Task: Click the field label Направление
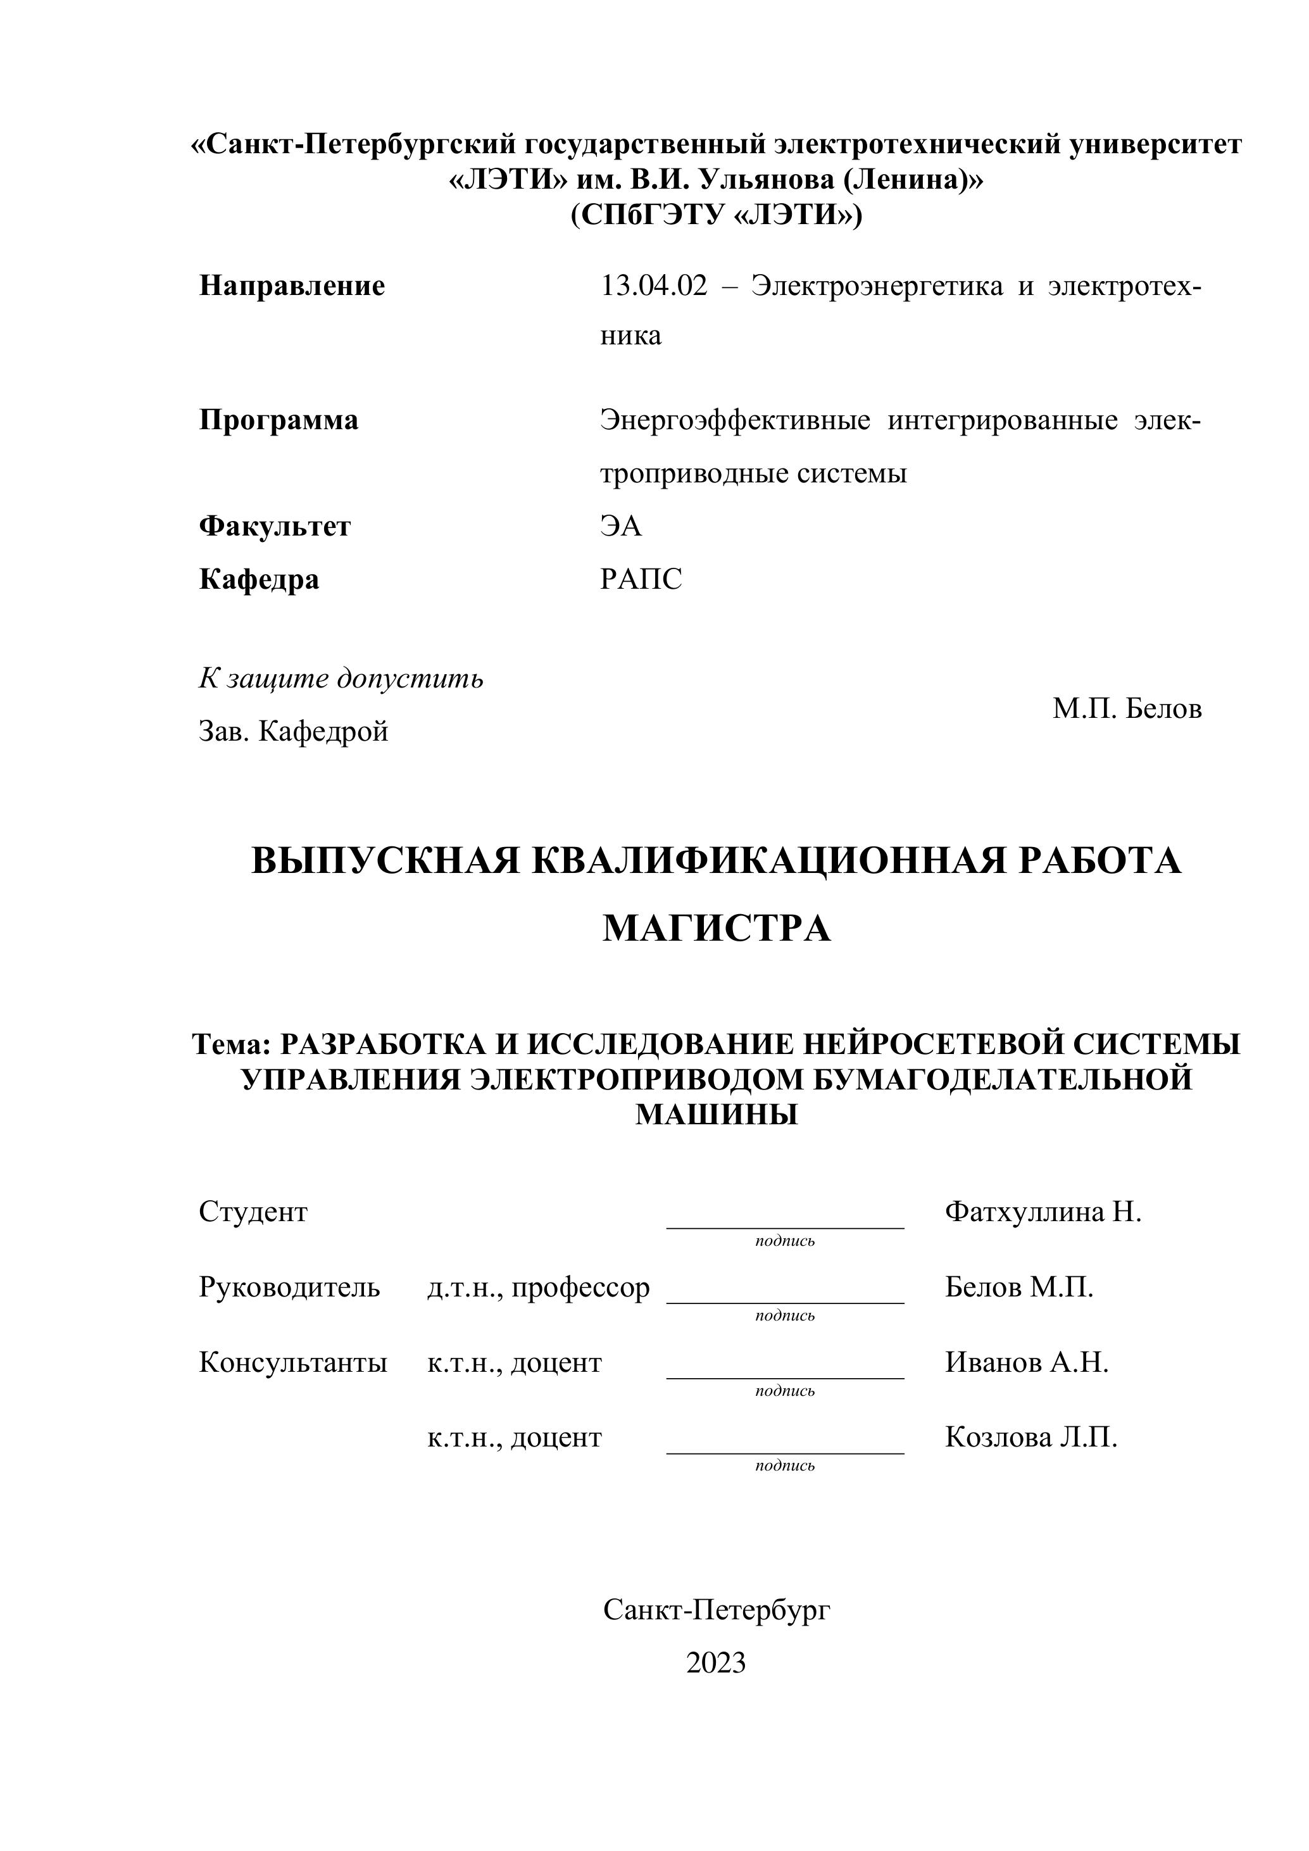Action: (292, 285)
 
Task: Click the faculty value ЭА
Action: (621, 527)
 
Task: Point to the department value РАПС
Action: (641, 579)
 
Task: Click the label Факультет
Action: (275, 527)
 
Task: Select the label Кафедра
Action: (259, 579)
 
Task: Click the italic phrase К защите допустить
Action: (341, 679)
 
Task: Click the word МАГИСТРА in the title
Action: (717, 929)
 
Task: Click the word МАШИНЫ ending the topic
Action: (717, 1114)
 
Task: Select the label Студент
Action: (253, 1212)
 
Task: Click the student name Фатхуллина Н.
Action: (1043, 1212)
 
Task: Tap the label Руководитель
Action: (289, 1288)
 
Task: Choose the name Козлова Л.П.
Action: (1031, 1438)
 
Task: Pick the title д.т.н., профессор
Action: (539, 1288)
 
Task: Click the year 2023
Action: (716, 1662)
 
